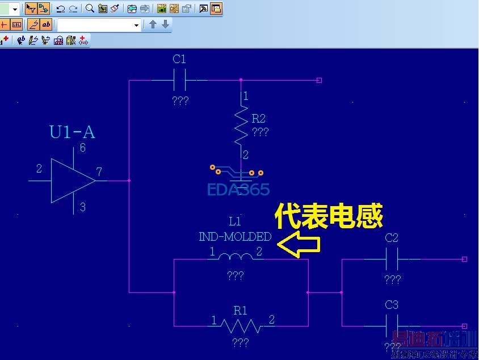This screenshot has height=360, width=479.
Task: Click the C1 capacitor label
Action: [179, 59]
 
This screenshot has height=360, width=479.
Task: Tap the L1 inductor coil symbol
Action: [235, 258]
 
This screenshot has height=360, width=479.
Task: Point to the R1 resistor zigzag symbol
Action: [241, 325]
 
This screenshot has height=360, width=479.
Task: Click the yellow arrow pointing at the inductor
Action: [299, 245]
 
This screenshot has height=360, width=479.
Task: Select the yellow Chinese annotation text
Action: [329, 217]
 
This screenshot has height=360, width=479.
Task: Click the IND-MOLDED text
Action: [235, 237]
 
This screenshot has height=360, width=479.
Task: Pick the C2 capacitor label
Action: [392, 238]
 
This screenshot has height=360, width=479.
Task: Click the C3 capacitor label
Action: [392, 305]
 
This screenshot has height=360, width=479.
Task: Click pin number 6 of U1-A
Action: [83, 149]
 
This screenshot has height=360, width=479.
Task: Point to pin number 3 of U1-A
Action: [83, 207]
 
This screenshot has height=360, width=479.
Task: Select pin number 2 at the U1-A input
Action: [39, 169]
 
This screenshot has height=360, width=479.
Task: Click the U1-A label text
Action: [72, 133]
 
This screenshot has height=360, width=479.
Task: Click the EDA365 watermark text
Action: [238, 190]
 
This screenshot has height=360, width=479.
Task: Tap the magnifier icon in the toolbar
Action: [90, 9]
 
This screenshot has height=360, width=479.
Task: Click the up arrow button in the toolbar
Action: [153, 24]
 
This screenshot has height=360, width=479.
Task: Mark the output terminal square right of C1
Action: [319, 80]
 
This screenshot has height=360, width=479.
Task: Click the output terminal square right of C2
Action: [464, 259]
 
